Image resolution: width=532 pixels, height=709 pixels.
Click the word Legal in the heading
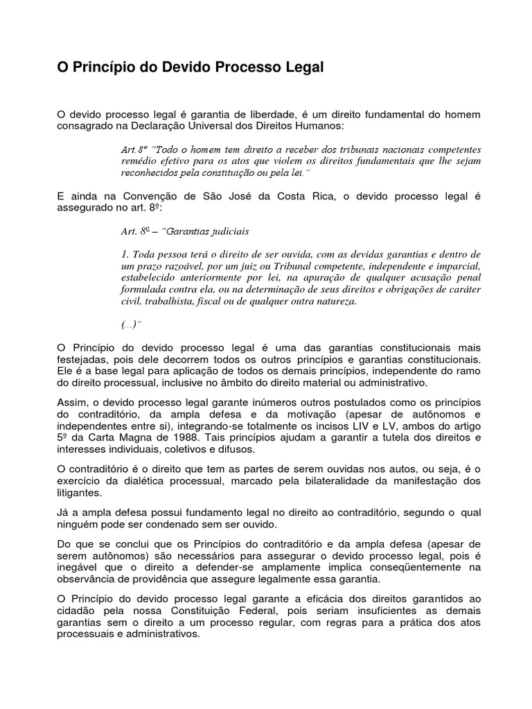(304, 68)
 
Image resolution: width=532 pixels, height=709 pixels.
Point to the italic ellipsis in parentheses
(130, 324)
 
